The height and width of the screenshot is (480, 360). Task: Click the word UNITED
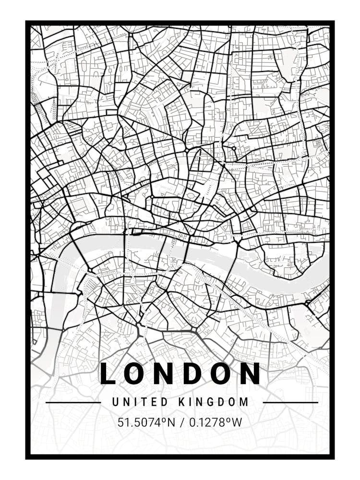(x=140, y=402)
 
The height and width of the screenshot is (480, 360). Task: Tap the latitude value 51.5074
(x=139, y=423)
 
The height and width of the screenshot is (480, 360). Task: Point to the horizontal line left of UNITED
(x=73, y=402)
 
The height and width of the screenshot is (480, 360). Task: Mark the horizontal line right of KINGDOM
(x=290, y=402)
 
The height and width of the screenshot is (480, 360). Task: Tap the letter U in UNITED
(x=116, y=402)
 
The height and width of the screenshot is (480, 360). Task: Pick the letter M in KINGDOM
(x=245, y=402)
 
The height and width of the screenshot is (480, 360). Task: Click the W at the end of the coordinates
(x=237, y=423)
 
